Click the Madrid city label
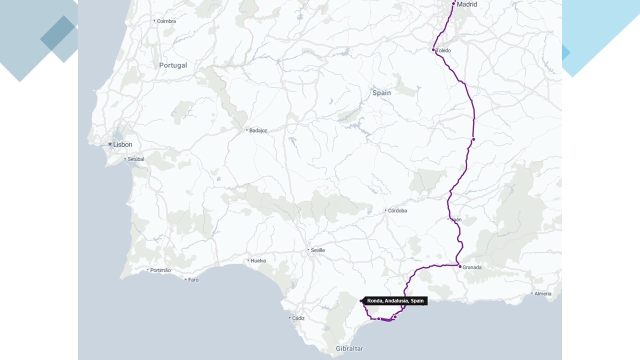tap(467, 4)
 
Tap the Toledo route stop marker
tap(433, 50)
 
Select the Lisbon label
tap(122, 144)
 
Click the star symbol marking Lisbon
tap(110, 144)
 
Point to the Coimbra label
tap(166, 21)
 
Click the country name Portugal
tap(173, 65)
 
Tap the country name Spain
tap(381, 93)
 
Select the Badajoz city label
tap(258, 130)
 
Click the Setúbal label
tap(135, 159)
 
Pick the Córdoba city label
tap(397, 210)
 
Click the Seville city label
tap(317, 250)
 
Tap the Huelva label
tap(258, 260)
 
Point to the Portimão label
tap(161, 270)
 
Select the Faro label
tap(193, 279)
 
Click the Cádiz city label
tap(298, 318)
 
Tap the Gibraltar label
tap(349, 348)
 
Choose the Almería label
tap(542, 293)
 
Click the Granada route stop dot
tap(460, 266)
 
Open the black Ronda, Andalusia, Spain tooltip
tap(395, 301)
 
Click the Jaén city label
tap(456, 219)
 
